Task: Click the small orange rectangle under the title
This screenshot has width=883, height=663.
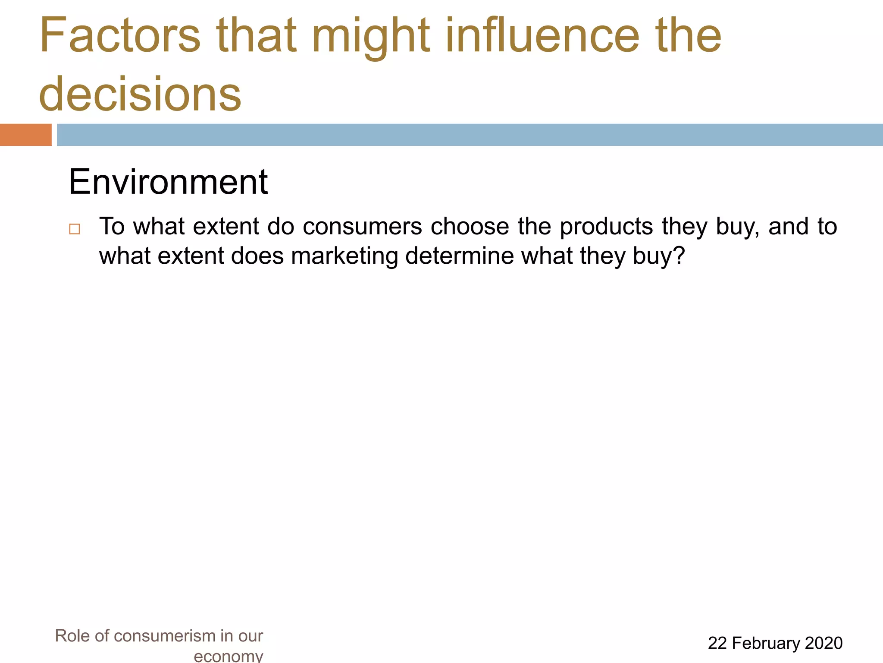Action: pyautogui.click(x=25, y=135)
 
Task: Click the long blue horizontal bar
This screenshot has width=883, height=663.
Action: pyautogui.click(x=470, y=135)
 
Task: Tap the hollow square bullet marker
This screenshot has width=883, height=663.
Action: pyautogui.click(x=75, y=229)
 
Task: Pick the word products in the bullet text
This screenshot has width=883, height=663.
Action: pyautogui.click(x=606, y=227)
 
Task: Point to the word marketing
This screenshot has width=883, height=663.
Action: pyautogui.click(x=344, y=256)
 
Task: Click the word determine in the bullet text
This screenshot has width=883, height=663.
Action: pyautogui.click(x=460, y=256)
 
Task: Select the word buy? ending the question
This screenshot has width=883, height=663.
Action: pyautogui.click(x=659, y=256)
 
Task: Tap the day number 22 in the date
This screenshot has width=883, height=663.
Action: pyautogui.click(x=717, y=643)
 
